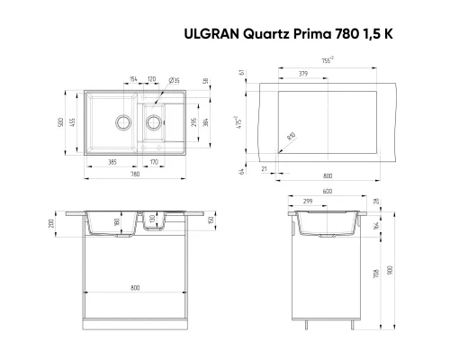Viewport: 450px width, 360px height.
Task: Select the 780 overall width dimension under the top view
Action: click(x=134, y=175)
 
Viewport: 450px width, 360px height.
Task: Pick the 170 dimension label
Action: click(x=154, y=163)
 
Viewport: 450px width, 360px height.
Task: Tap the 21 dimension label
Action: click(x=265, y=166)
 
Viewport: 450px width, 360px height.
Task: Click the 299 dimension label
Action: click(x=309, y=201)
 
